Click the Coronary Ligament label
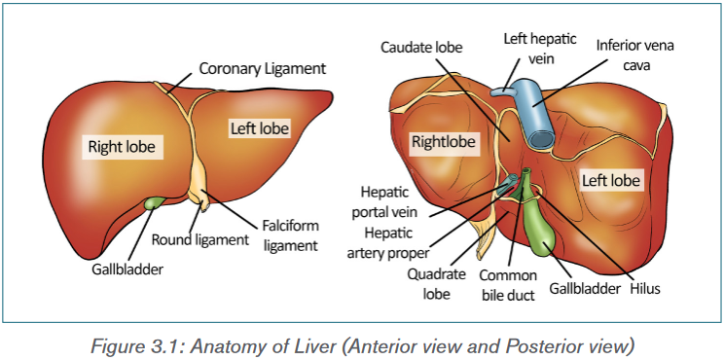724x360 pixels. point(263,69)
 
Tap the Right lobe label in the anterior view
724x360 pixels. point(123,147)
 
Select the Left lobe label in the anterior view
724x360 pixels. point(261,127)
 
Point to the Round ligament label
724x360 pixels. point(200,239)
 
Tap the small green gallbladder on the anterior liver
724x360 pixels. point(154,202)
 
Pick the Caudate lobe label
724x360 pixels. point(421,47)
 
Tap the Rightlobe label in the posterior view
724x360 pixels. point(444,142)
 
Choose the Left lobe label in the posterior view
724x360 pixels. point(610,180)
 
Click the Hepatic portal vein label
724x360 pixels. point(384,201)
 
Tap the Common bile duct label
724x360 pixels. point(508,285)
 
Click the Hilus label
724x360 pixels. point(645,289)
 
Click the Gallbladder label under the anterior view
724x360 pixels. point(127,270)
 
